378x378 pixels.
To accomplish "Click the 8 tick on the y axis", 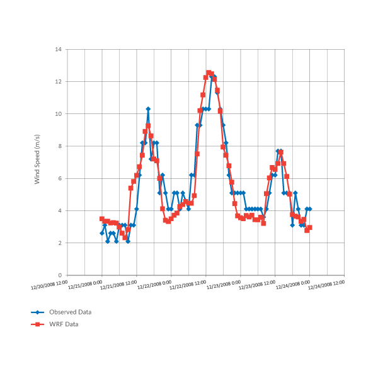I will pos(60,146).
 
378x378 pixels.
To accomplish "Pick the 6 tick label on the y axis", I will pos(60,178).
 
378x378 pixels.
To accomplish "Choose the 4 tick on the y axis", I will pos(60,211).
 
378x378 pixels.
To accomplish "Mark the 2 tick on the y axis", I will pos(60,243).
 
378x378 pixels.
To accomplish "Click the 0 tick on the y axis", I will pos(60,275).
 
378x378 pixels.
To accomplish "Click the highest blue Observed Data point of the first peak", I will pos(148,109).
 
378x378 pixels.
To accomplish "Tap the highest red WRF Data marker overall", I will pos(209,72).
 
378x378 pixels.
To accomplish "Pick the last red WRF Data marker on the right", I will pos(309,227).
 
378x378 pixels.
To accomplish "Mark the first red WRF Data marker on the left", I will pos(101,219).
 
